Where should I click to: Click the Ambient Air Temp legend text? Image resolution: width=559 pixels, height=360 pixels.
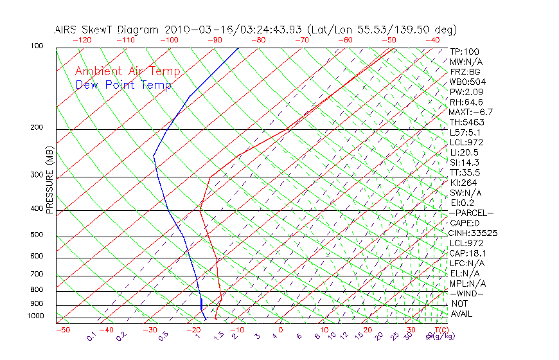(127, 71)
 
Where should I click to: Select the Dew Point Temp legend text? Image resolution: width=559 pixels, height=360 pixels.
(123, 85)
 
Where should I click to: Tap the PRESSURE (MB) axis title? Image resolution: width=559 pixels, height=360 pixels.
(49, 181)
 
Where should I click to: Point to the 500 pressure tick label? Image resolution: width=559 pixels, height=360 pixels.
(37, 235)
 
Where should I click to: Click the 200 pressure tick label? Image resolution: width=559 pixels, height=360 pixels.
(37, 128)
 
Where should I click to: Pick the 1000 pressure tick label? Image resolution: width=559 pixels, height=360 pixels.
(35, 316)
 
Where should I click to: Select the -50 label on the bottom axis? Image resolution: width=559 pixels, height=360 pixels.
(62, 330)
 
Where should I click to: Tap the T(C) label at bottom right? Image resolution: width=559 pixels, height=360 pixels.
(440, 330)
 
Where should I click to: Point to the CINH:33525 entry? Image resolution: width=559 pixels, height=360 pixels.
(474, 233)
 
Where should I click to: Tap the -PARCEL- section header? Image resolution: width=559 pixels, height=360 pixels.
(470, 213)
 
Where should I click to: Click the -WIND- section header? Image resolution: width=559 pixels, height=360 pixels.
(466, 293)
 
